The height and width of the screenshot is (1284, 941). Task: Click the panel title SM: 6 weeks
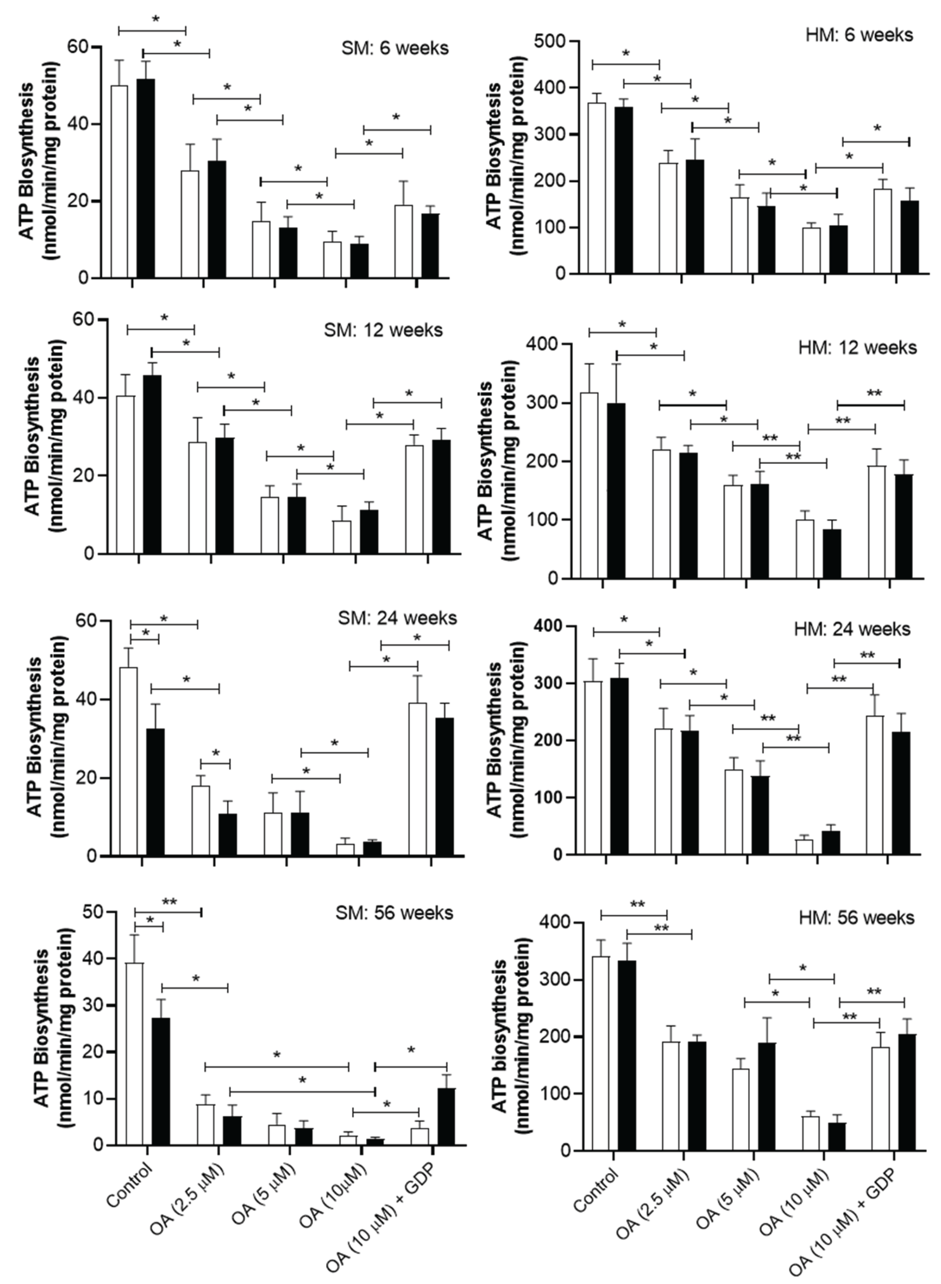tap(395, 48)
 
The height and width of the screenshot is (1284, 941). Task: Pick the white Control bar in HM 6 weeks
tap(596, 188)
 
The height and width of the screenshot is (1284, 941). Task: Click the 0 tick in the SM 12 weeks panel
tap(88, 553)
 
